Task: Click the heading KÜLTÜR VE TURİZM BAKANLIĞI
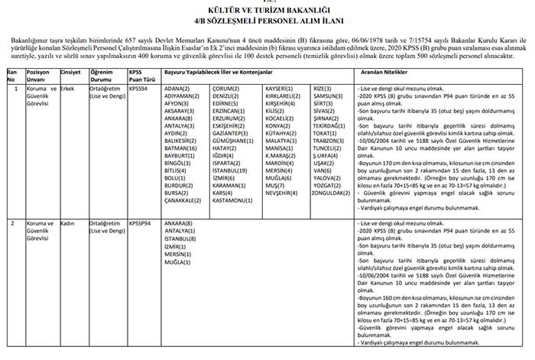click(x=267, y=11)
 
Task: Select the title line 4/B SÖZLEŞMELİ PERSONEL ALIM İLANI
click(x=267, y=21)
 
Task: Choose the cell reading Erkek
click(x=68, y=89)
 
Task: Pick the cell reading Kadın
click(x=68, y=223)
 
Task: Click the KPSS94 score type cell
click(x=140, y=89)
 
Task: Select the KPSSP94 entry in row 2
click(x=141, y=223)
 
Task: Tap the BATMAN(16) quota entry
click(x=171, y=147)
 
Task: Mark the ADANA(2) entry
click(x=167, y=89)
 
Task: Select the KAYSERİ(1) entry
click(x=280, y=89)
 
